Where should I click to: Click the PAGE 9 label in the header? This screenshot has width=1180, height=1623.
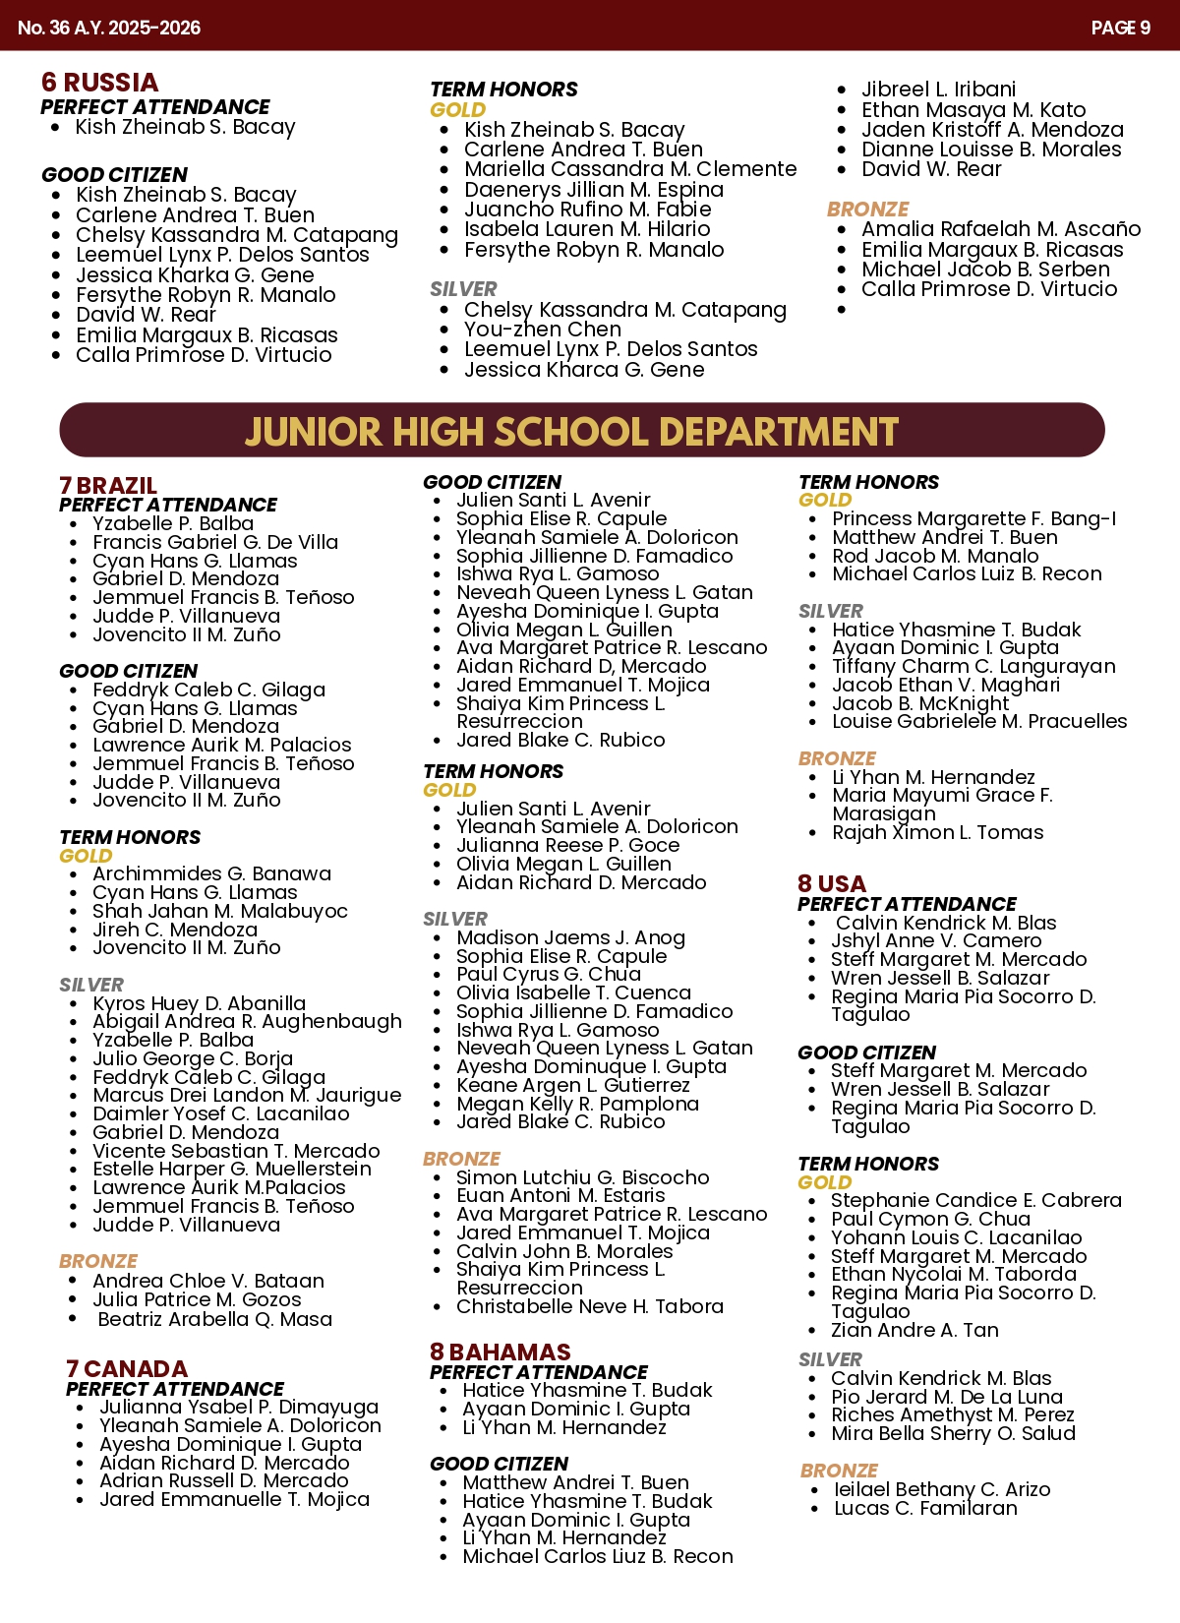click(1120, 28)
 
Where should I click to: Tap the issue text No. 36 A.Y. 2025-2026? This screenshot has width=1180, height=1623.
click(109, 28)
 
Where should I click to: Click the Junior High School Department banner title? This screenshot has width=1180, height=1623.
click(571, 432)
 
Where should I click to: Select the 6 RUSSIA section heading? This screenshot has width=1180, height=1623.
click(99, 83)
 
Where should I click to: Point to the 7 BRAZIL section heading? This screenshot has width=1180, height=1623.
click(108, 486)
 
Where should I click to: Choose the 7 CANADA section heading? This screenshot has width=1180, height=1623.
click(126, 1369)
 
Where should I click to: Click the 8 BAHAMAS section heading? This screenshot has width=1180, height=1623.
click(500, 1352)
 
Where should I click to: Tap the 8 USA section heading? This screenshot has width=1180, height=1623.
click(832, 884)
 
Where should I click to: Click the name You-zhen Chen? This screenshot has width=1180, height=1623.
click(543, 330)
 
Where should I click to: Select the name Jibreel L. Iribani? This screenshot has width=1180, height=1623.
click(938, 90)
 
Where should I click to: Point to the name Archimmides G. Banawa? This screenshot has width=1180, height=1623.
click(211, 873)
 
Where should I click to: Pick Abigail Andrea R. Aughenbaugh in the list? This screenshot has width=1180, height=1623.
click(247, 1022)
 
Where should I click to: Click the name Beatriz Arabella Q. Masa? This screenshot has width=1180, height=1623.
click(214, 1319)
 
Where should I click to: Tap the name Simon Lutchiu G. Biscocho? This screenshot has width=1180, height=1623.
click(582, 1177)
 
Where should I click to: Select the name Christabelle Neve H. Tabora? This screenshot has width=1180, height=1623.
click(589, 1306)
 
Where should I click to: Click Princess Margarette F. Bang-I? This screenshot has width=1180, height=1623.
click(973, 518)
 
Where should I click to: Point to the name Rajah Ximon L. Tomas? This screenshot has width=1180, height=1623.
click(937, 832)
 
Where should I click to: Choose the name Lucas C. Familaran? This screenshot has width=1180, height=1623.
click(925, 1508)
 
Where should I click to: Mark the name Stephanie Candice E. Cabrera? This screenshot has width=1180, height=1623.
click(975, 1200)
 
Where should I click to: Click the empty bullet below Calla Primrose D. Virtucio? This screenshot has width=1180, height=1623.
click(842, 310)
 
